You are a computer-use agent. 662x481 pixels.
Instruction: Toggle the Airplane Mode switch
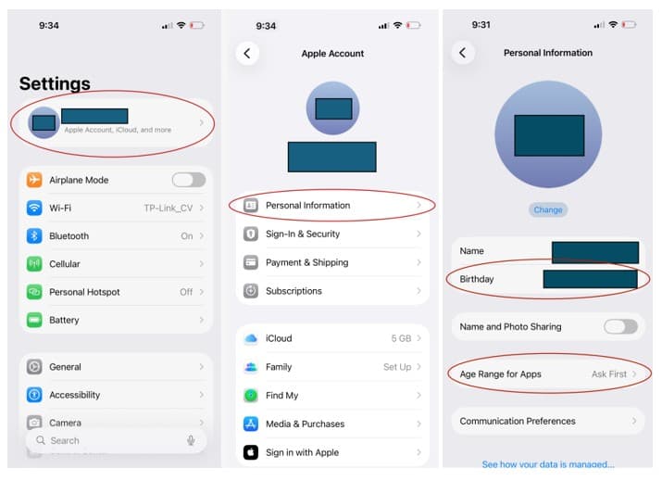[x=188, y=180]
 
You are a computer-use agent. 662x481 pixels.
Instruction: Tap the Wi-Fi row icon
[x=34, y=208]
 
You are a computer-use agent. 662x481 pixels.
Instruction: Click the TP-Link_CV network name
[x=168, y=208]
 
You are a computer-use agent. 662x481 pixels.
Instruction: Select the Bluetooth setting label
[x=69, y=236]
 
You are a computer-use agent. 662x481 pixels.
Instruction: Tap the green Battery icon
[x=34, y=320]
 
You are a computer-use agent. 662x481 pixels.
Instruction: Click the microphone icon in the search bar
[x=191, y=440]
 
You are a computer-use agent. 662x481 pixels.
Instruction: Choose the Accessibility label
[x=74, y=395]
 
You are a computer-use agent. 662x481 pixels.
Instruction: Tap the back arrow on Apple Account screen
[x=247, y=54]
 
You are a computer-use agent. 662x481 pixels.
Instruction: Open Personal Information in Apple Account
[x=307, y=206]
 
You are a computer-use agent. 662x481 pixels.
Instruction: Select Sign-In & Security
[x=303, y=234]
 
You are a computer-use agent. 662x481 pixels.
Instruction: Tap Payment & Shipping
[x=306, y=262]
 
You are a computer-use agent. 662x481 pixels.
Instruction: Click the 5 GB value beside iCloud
[x=401, y=339]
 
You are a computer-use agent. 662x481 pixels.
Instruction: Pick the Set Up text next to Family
[x=397, y=367]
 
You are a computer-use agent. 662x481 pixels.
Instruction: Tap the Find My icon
[x=250, y=396]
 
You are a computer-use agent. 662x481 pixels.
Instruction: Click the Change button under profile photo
[x=547, y=209]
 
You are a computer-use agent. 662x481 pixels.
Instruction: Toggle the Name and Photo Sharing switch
[x=620, y=326]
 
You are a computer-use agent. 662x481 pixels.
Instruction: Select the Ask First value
[x=609, y=374]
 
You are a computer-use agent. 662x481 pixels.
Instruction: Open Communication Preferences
[x=518, y=421]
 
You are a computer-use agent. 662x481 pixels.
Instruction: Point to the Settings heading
[x=55, y=84]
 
